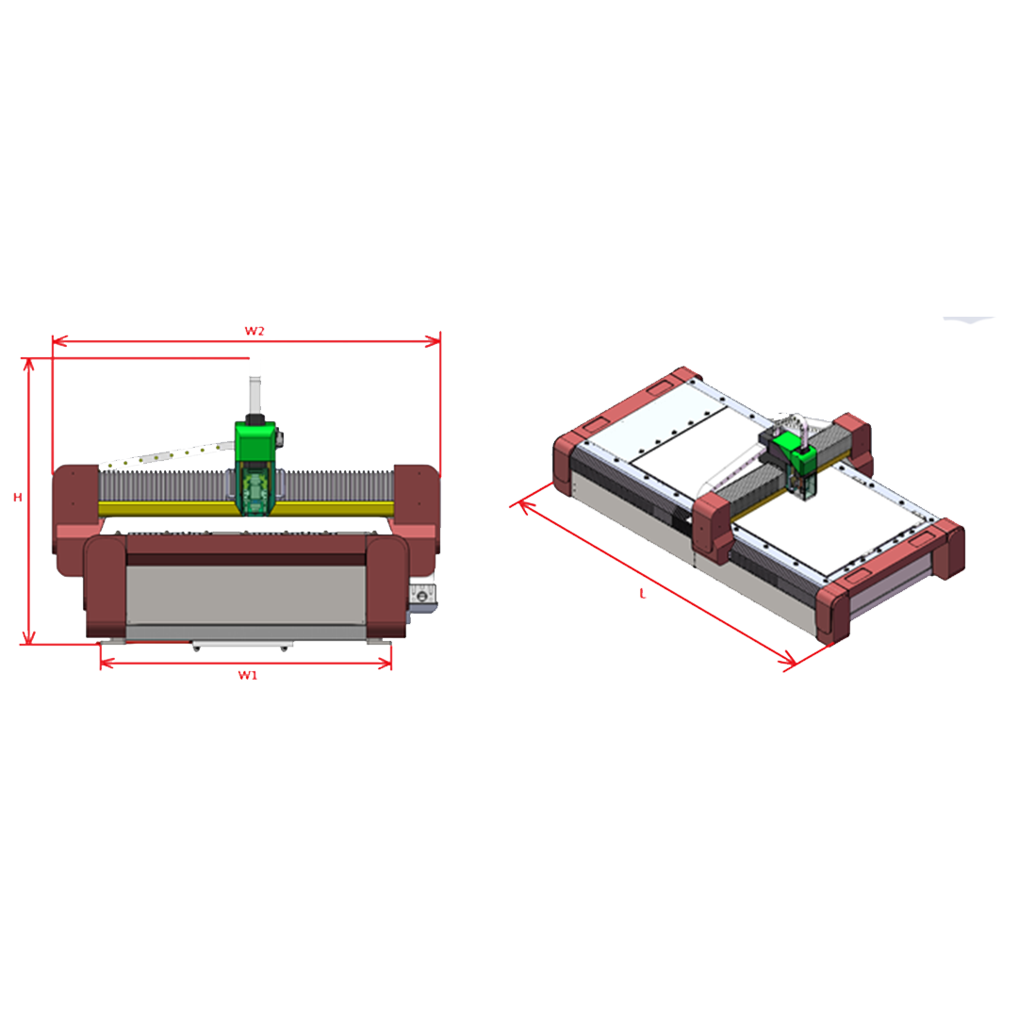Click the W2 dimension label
[254, 331]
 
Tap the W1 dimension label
[247, 675]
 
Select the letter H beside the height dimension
[18, 498]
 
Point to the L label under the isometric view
[643, 594]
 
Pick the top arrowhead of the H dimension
[28, 365]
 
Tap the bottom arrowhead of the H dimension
[28, 637]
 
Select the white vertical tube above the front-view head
[255, 395]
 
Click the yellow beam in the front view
[247, 508]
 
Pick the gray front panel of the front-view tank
[246, 596]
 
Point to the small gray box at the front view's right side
[422, 597]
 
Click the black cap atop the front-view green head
[255, 419]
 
